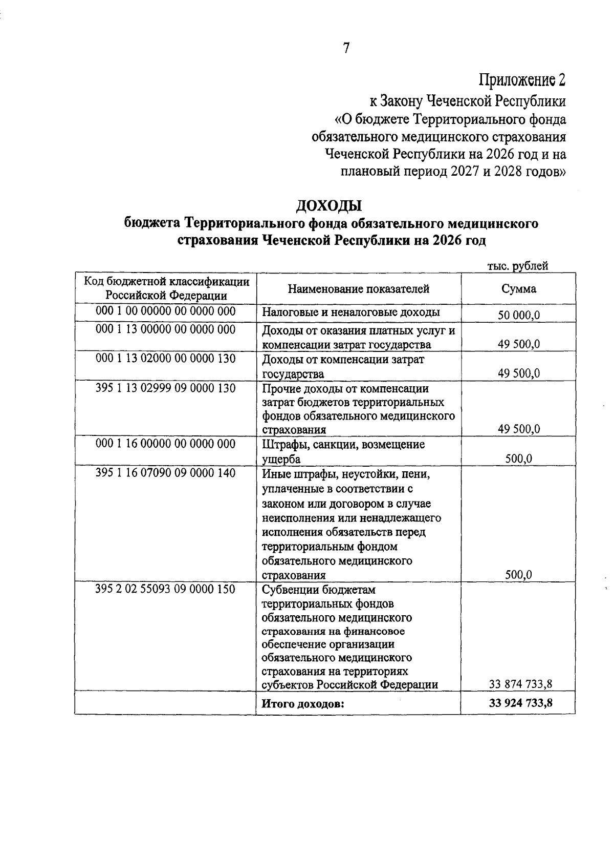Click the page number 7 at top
pos(346,48)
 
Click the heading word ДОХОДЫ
pos(329,206)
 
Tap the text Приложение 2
pos(522,80)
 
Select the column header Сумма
pos(518,289)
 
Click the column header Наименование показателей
pos(358,289)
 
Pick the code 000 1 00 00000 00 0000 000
pos(166,311)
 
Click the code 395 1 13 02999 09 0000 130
pos(166,388)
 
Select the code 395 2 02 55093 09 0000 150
pos(166,589)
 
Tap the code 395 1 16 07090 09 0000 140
pos(166,473)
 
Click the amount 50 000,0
pos(519,316)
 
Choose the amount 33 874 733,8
pos(520,684)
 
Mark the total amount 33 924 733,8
pos(520,703)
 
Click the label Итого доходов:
pos(302,704)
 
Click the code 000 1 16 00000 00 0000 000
pos(166,444)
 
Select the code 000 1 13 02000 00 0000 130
pos(166,359)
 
